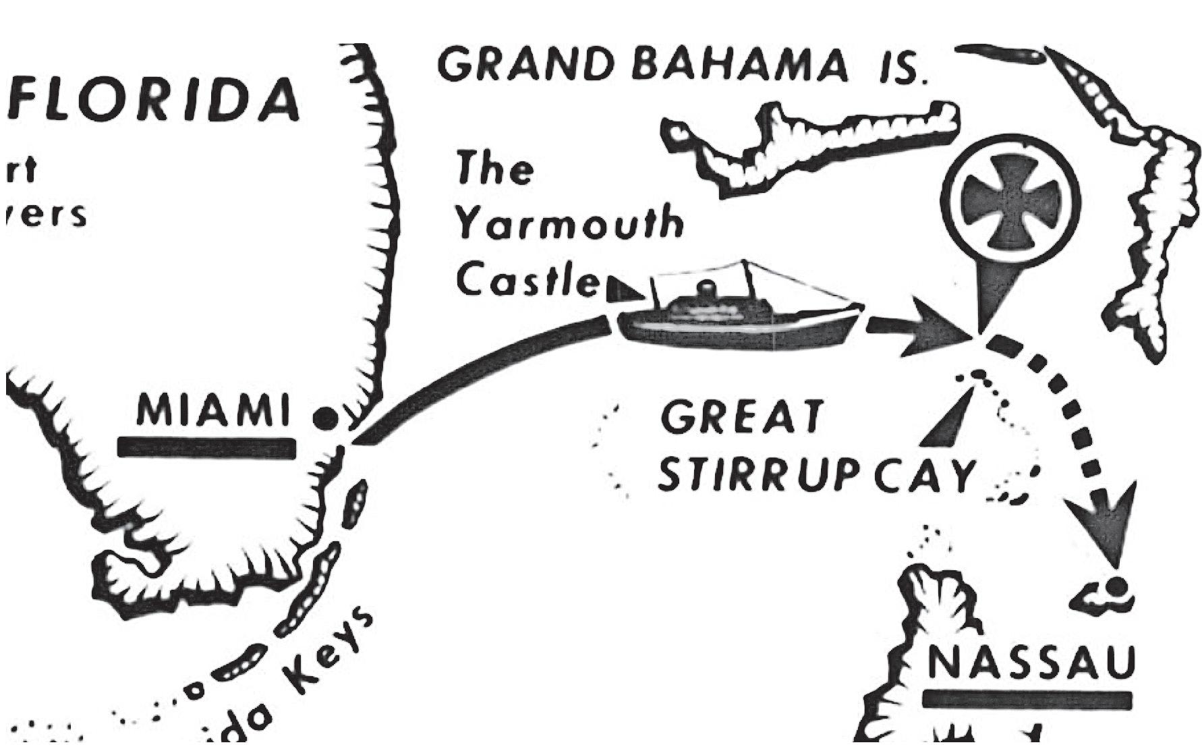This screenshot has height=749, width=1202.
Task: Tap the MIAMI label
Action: coord(213,410)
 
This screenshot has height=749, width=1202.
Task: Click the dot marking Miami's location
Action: coord(326,419)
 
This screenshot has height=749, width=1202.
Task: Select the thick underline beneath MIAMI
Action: coord(206,447)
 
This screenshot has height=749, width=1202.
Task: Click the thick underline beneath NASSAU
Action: coord(1026,700)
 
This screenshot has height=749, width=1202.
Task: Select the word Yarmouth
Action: coord(569,223)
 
